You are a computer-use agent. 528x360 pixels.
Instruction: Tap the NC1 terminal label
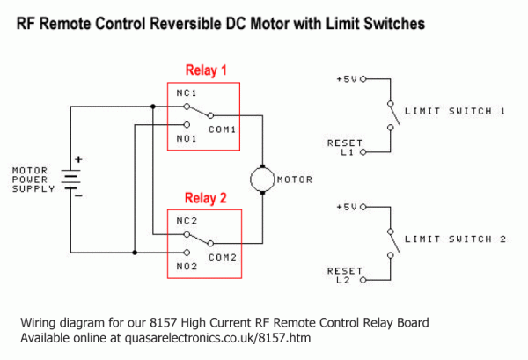(x=186, y=92)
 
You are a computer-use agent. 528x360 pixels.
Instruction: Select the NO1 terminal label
(x=186, y=138)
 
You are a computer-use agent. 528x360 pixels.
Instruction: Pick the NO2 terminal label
(x=186, y=265)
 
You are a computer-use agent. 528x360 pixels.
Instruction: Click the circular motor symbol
(x=262, y=179)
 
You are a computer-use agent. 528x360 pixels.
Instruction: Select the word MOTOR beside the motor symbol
(x=294, y=180)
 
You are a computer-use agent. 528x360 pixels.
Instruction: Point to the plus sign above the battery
(x=78, y=160)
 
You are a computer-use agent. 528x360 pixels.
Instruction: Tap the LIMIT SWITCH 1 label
(x=454, y=111)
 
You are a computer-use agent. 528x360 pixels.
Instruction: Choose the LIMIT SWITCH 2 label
(x=454, y=239)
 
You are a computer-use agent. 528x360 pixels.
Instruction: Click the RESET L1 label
(x=341, y=147)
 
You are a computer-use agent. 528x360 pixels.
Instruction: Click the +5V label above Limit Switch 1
(x=346, y=78)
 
